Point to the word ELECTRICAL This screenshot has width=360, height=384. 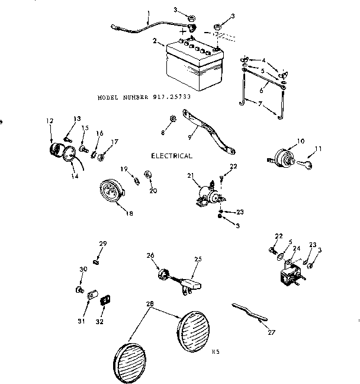click(172, 156)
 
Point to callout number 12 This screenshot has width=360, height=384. click(49, 121)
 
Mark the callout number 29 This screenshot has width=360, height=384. click(102, 244)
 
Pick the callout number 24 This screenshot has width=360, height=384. click(295, 249)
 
